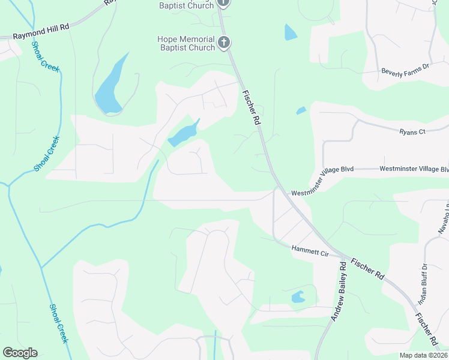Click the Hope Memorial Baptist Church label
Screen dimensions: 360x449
(x=185, y=43)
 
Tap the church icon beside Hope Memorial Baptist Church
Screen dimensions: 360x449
(x=224, y=42)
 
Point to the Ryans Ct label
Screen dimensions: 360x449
(x=412, y=131)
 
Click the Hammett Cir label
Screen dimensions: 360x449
(x=310, y=251)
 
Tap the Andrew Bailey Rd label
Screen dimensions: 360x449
(x=339, y=291)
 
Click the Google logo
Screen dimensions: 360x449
(x=20, y=353)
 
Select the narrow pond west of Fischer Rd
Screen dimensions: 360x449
(x=183, y=134)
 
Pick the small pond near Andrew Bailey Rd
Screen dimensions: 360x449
(x=298, y=297)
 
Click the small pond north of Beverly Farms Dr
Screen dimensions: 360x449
(x=290, y=32)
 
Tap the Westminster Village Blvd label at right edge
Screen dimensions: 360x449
(x=414, y=170)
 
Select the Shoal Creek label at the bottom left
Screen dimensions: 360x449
(x=58, y=322)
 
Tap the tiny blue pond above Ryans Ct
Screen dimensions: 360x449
(x=301, y=111)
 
